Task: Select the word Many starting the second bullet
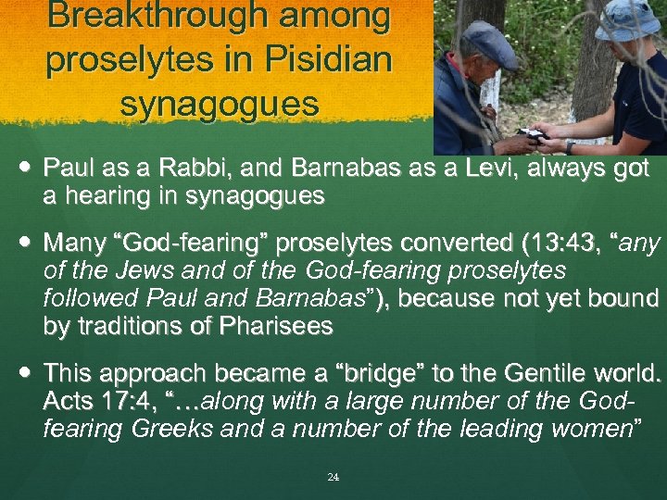(73, 244)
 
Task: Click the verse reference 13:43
(557, 244)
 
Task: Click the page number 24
(333, 477)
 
